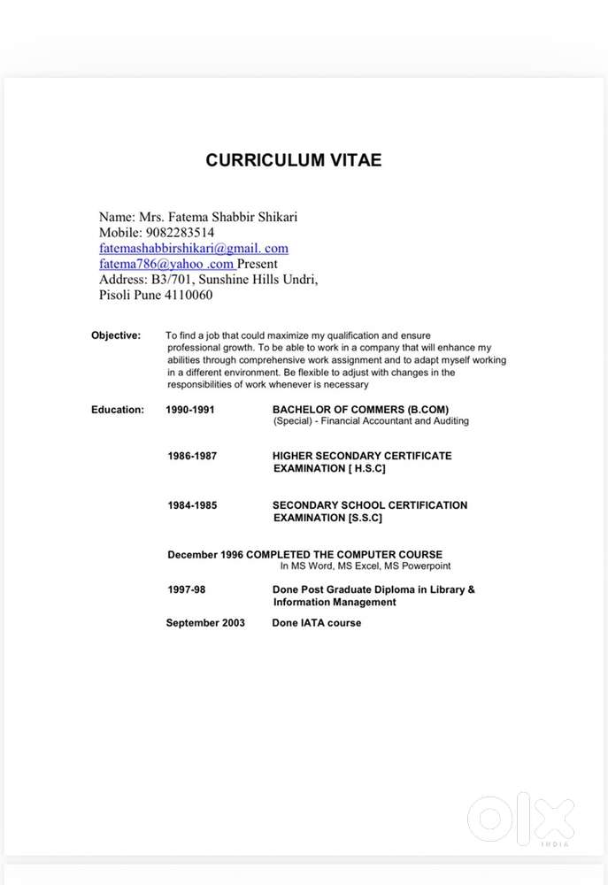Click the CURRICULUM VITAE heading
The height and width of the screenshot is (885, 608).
(294, 160)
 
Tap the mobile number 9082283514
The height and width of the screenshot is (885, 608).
(182, 233)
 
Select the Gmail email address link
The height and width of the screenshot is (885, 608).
(194, 249)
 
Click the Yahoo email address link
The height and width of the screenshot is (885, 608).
(166, 264)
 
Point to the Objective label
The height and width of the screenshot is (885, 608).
(116, 335)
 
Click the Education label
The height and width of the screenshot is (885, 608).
(118, 410)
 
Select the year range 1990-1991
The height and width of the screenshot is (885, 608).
(190, 410)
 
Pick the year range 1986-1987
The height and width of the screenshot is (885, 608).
(192, 456)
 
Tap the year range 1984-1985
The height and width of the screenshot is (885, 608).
(192, 505)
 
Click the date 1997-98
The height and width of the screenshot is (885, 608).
(187, 589)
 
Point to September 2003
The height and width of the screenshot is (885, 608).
(205, 623)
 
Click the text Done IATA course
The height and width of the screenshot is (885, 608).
(317, 623)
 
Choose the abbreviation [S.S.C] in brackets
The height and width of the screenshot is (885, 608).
(365, 518)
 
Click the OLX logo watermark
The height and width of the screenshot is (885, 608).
(520, 819)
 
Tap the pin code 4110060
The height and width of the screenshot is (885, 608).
(188, 295)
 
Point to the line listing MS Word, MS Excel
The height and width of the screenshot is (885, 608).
(366, 566)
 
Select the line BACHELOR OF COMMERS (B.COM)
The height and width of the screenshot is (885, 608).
(360, 410)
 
